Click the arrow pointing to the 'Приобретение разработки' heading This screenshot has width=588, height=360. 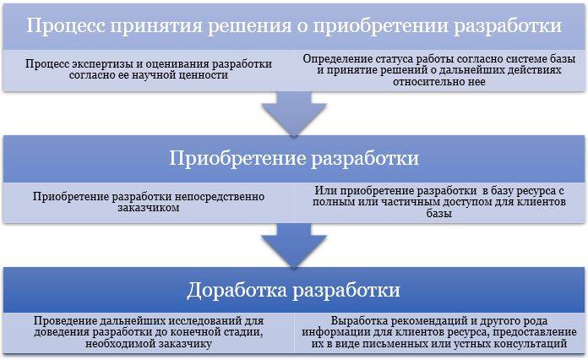pos(294,113)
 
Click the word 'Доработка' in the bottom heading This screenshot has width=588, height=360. pos(237,290)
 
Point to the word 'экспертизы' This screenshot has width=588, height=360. pos(101,64)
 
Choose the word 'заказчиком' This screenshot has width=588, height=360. pos(149,208)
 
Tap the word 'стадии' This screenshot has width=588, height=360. pos(244,333)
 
